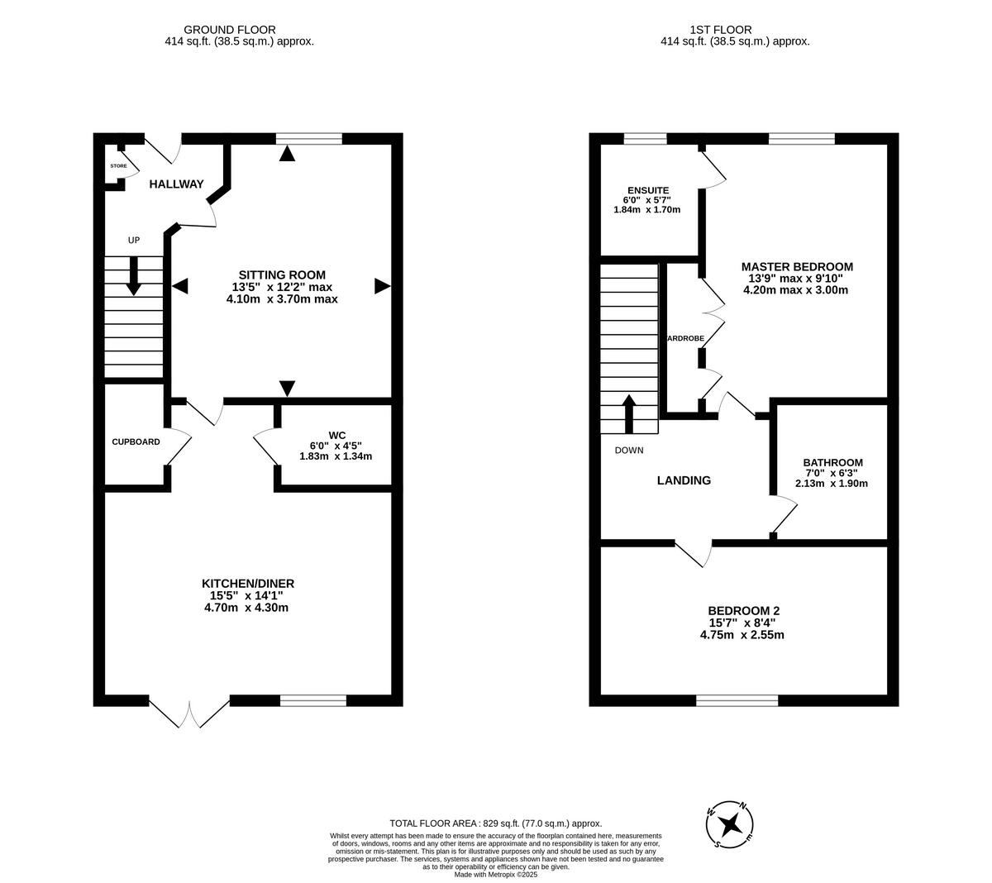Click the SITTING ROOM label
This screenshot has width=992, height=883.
point(282,274)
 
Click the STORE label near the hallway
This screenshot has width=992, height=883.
point(118,166)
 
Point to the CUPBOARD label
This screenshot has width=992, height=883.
point(136,441)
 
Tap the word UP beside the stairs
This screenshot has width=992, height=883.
point(133,241)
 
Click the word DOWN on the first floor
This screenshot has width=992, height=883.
point(628,451)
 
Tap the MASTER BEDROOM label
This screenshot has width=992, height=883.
point(796,266)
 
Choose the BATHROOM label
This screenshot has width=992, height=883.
point(832,463)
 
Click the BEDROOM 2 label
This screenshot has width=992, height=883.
point(742,612)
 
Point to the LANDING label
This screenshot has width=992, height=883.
point(684,480)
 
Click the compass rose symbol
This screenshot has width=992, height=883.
point(730,823)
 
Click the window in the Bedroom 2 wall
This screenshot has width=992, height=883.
point(737,700)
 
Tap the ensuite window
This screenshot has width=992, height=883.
point(645,138)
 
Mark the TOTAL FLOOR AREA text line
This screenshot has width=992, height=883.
point(495,823)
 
